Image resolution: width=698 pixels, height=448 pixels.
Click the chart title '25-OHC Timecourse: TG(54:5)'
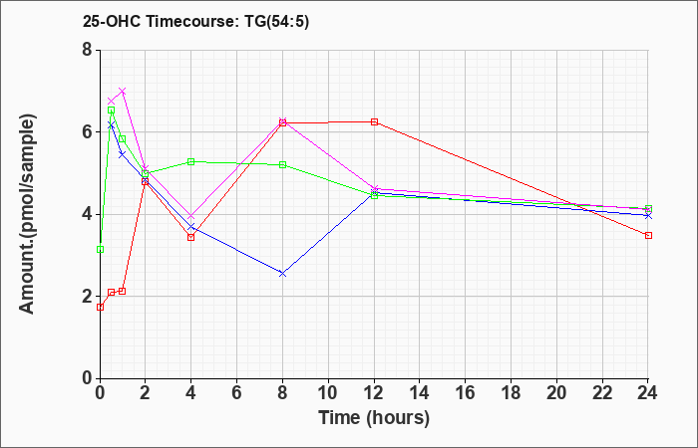(195, 22)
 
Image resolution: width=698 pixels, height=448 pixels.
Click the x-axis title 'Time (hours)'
(374, 418)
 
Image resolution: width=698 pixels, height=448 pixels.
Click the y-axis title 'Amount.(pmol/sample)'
(28, 214)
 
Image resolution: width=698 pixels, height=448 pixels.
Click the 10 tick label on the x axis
(328, 393)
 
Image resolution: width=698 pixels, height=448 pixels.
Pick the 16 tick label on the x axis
(466, 393)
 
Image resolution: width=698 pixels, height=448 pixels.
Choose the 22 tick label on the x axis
(602, 393)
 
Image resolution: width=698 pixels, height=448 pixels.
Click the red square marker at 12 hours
(374, 121)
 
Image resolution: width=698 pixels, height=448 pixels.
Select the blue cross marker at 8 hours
(282, 274)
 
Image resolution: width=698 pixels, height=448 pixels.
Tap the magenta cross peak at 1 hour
(123, 92)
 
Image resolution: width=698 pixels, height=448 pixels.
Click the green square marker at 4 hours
(191, 161)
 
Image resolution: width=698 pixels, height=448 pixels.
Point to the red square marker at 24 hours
(648, 235)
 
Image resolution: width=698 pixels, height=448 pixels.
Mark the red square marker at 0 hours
(100, 307)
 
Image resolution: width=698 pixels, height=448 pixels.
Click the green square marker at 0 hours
(100, 249)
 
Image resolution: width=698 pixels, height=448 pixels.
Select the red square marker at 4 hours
(191, 237)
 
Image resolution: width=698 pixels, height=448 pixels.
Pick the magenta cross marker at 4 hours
(191, 216)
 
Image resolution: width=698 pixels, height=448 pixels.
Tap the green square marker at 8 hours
(282, 165)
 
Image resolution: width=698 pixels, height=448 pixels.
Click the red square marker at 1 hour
(123, 291)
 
